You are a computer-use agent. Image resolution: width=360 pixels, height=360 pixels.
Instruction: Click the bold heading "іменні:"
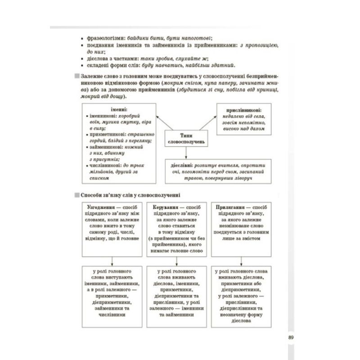coord(119,109)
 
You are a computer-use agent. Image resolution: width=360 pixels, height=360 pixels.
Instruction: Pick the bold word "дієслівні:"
coord(181,165)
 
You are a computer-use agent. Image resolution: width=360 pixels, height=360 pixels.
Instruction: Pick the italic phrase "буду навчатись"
coord(158,65)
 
